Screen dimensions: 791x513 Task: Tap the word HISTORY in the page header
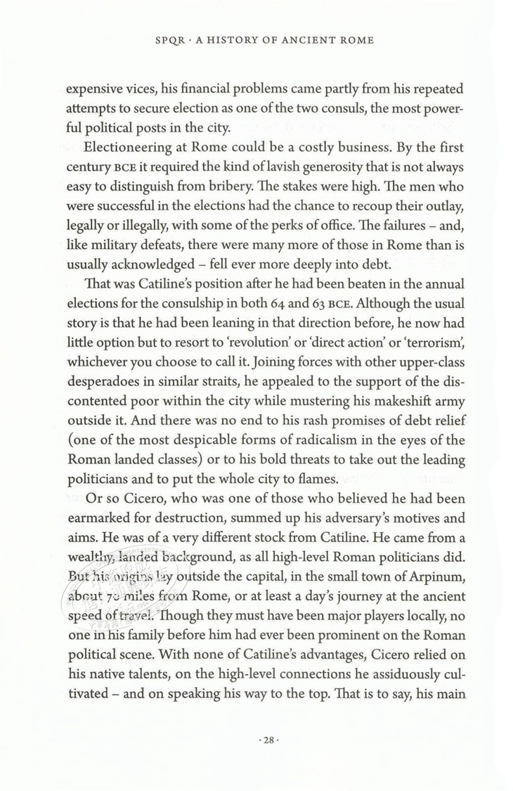230,42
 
